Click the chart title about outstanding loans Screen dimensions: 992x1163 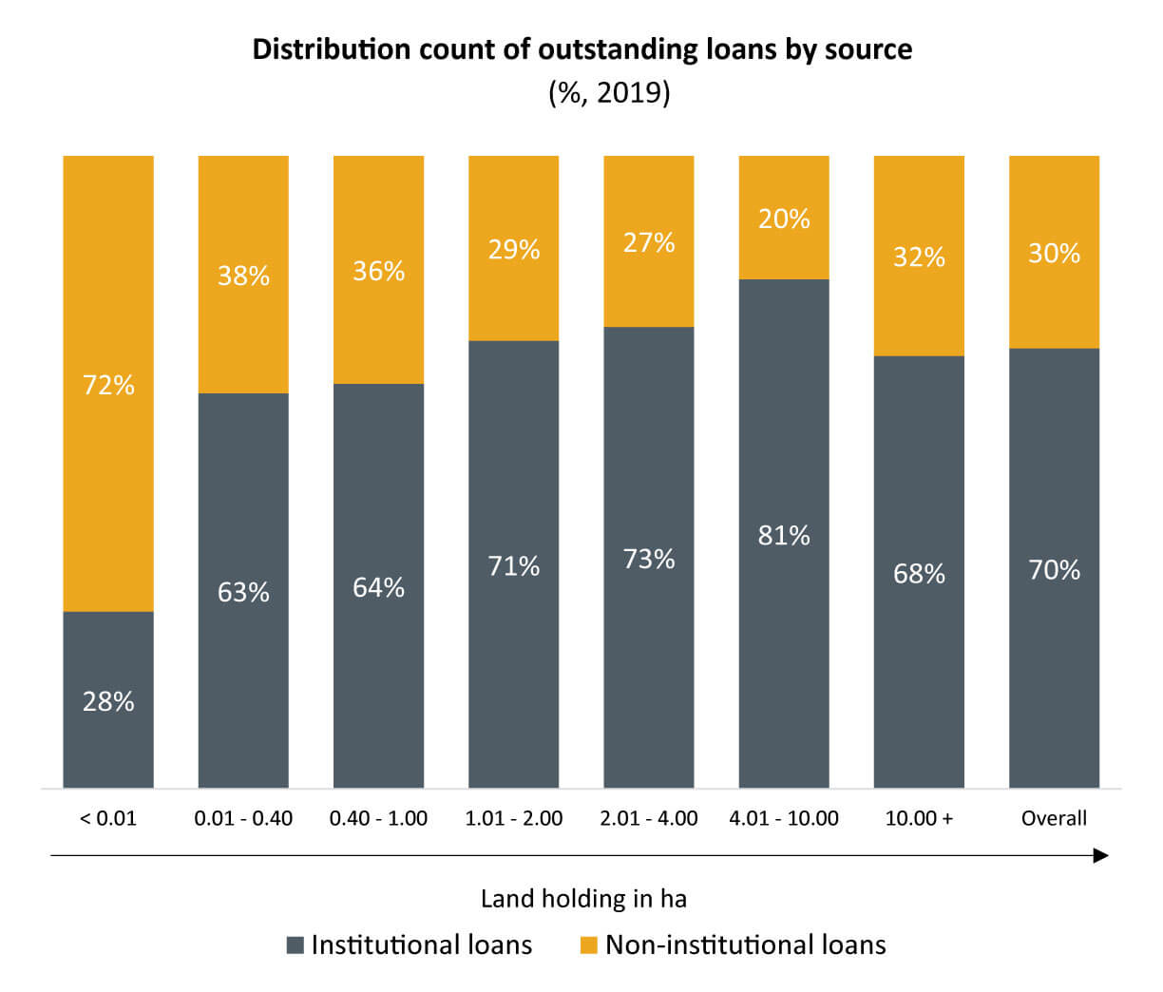pos(581,49)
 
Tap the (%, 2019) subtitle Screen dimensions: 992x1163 pos(609,93)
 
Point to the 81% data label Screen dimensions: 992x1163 pos(784,535)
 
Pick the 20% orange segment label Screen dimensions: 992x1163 pos(784,219)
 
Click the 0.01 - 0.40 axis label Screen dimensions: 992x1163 pos(243,818)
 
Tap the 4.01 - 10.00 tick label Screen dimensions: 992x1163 pos(784,818)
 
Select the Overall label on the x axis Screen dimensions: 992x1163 pos(1054,818)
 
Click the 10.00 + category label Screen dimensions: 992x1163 pos(919,818)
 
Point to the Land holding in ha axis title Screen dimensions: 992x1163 pos(583,899)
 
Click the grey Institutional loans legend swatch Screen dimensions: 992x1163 pos(296,945)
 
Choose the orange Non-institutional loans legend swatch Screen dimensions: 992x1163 pos(589,945)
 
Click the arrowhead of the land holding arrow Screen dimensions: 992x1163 pos(1101,856)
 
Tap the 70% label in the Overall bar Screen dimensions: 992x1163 pos(1054,570)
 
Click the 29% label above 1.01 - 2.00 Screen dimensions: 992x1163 pos(514,249)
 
